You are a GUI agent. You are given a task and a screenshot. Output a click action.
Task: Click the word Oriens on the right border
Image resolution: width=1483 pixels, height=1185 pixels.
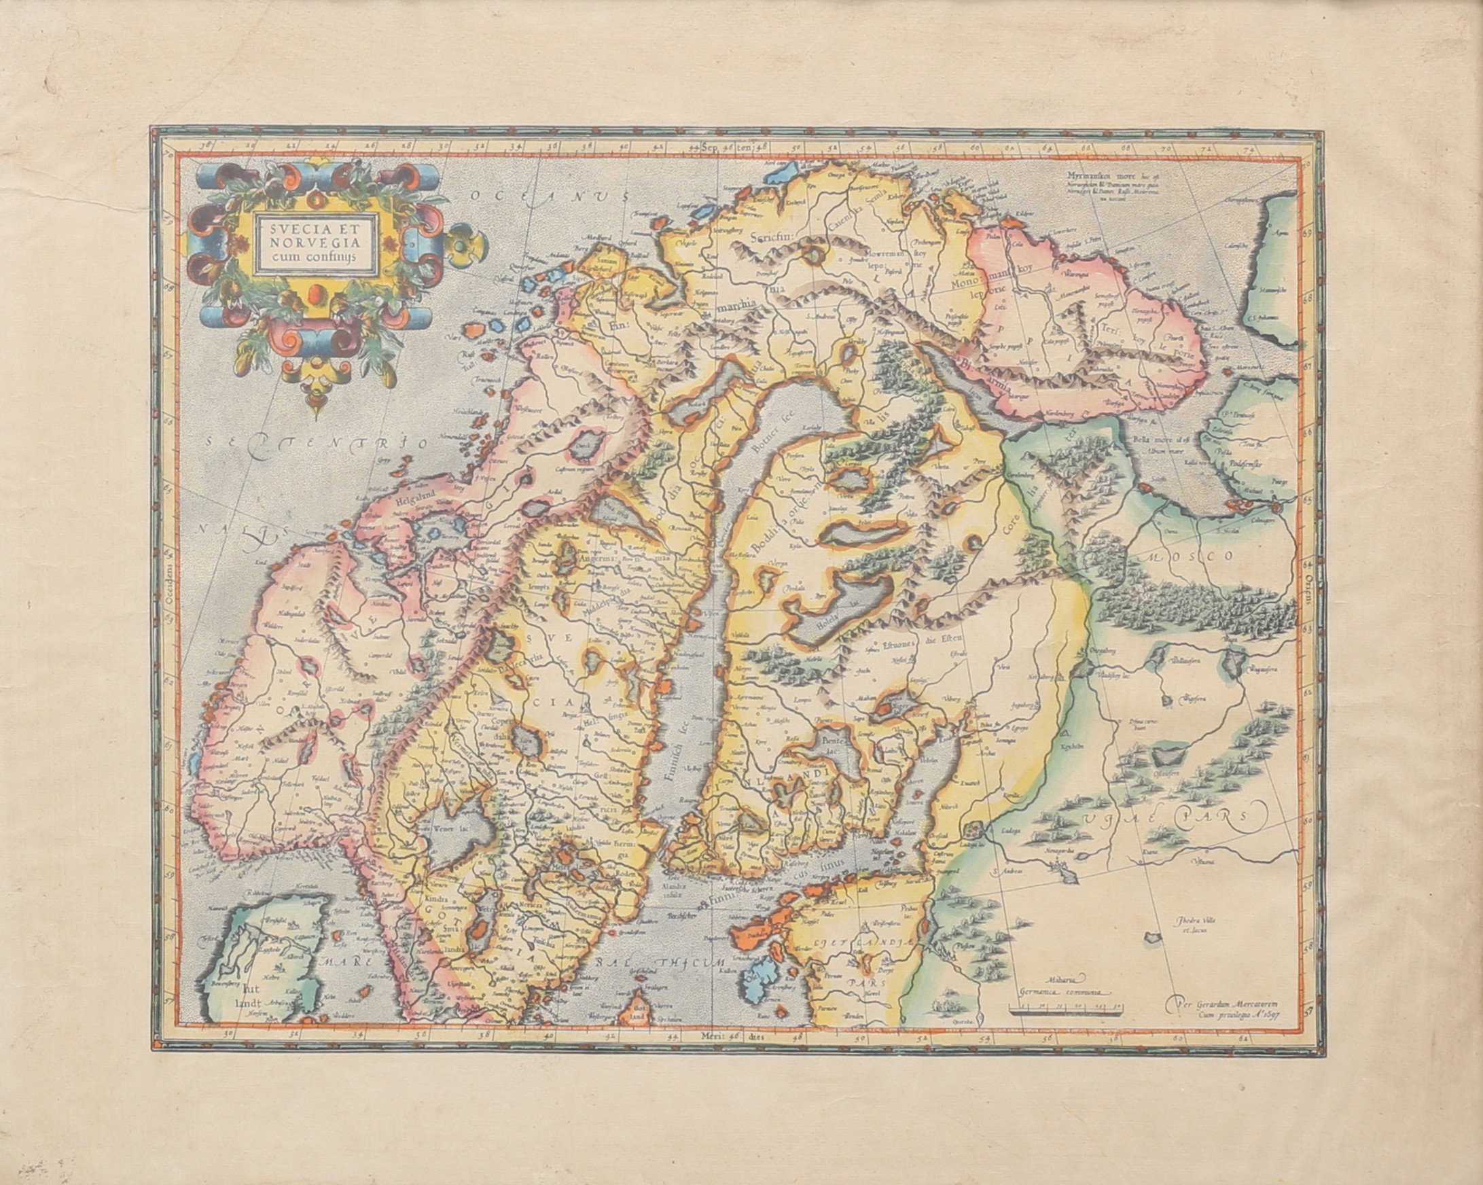click(x=1308, y=593)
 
